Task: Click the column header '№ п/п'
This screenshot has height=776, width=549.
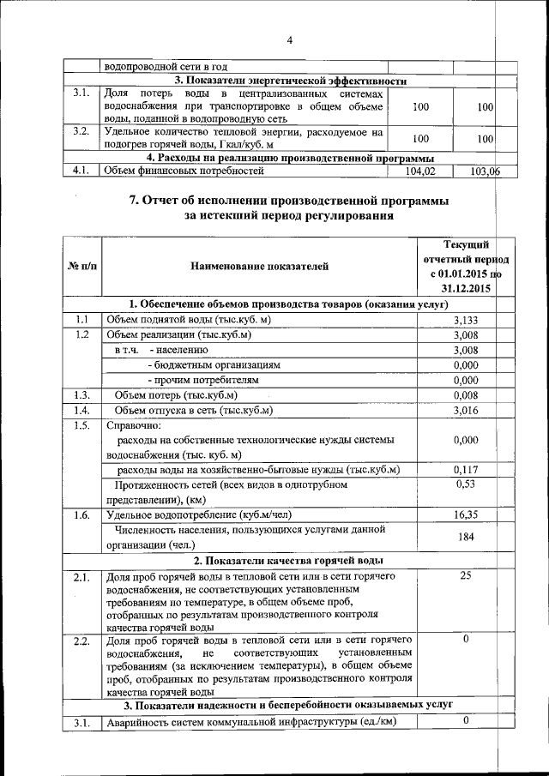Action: click(x=81, y=267)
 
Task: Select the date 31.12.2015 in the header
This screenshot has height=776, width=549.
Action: click(x=465, y=289)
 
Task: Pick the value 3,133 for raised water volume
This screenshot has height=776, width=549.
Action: click(x=465, y=320)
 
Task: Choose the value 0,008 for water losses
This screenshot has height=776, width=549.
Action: click(x=465, y=395)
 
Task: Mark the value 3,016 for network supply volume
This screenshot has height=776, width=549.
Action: click(x=465, y=411)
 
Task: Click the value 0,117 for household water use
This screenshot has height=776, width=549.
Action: click(x=465, y=470)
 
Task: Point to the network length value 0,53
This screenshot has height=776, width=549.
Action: click(x=465, y=485)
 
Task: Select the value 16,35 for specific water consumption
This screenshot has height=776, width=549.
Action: click(x=465, y=515)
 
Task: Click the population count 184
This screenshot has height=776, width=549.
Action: click(x=465, y=537)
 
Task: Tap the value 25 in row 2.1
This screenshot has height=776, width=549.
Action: click(x=465, y=575)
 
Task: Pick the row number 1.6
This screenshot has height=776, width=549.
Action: click(x=81, y=515)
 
